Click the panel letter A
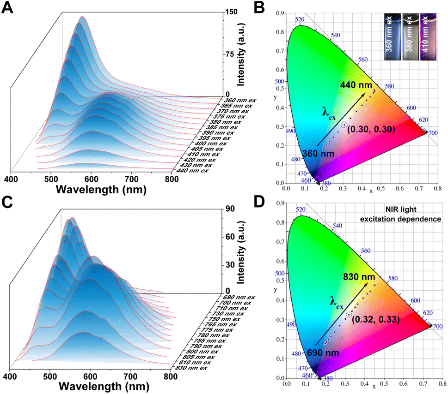[x=7, y=7]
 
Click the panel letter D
[x=259, y=202]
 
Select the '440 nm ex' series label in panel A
[x=192, y=171]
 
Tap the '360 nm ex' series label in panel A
[x=239, y=101]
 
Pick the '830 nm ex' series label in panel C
[x=191, y=368]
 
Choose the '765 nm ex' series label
[x=221, y=324]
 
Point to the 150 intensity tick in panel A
[x=231, y=12]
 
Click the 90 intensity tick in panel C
[x=230, y=209]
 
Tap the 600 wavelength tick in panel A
[x=91, y=179]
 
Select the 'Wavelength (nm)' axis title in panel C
[x=104, y=386]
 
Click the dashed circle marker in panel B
[x=344, y=125]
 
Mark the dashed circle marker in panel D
[x=349, y=315]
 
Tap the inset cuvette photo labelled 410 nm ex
[x=428, y=37]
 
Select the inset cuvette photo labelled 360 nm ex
[x=393, y=37]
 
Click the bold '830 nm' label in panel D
[x=359, y=277]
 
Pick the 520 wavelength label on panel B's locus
[x=300, y=19]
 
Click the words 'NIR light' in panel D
[x=401, y=209]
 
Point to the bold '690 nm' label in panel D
[x=323, y=353]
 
